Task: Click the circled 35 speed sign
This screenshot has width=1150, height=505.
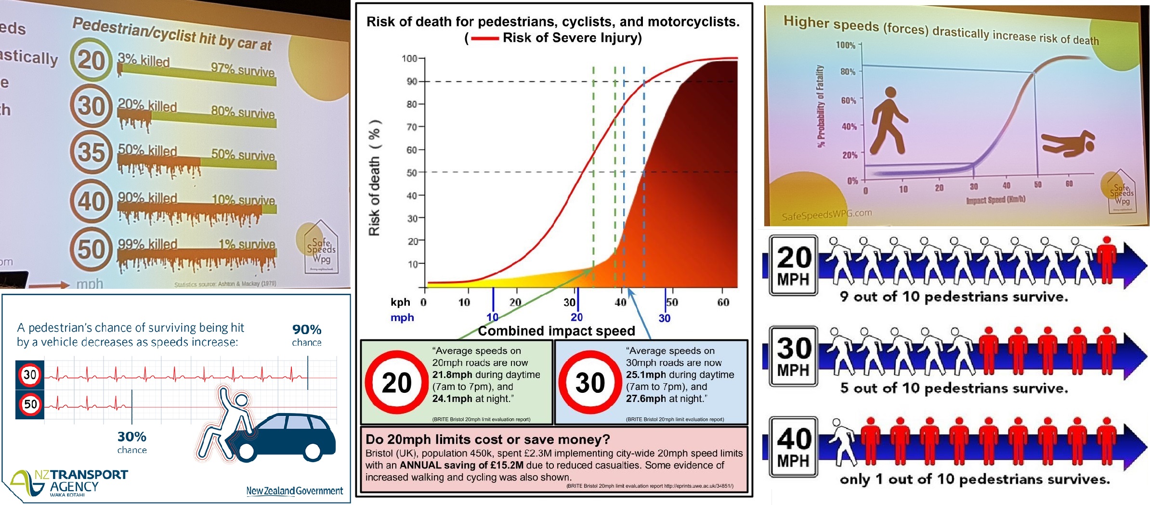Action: (91, 153)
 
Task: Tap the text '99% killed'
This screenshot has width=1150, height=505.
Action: (147, 244)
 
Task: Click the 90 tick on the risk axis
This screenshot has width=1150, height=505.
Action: (412, 81)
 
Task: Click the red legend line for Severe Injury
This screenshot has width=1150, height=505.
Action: (484, 38)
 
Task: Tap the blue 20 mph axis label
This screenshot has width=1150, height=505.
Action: (576, 317)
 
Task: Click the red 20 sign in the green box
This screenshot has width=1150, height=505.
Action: (396, 383)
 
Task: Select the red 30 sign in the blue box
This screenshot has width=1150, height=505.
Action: (590, 383)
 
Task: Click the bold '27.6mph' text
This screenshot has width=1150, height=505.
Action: (645, 399)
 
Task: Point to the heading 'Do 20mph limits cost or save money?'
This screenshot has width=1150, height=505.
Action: (487, 439)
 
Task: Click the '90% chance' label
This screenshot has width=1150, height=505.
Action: (307, 335)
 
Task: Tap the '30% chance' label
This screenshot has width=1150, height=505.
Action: (132, 442)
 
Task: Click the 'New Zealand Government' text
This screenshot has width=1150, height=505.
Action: (295, 491)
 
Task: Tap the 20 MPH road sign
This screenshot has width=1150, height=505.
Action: (793, 265)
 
